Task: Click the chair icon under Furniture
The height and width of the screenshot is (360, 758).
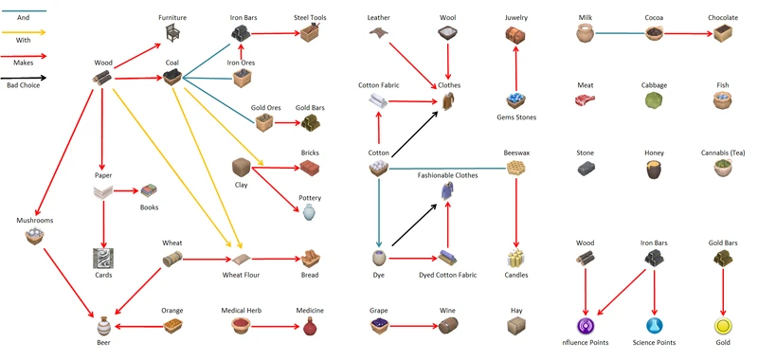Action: click(x=172, y=34)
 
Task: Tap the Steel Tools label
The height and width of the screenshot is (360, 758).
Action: click(x=310, y=18)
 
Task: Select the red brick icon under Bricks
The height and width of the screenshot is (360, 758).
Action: click(x=310, y=168)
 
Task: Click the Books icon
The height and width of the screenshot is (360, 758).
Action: click(x=148, y=193)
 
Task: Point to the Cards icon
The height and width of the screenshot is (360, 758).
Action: click(x=103, y=258)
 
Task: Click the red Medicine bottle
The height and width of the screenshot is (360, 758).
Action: click(x=310, y=328)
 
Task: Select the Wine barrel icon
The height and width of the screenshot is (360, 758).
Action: click(x=447, y=326)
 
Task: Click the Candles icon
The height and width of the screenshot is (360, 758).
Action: click(x=515, y=258)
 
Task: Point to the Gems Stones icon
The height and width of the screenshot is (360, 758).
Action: click(x=515, y=100)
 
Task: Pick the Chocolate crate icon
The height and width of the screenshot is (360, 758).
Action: click(x=723, y=34)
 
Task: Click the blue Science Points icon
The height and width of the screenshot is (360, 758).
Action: click(x=654, y=328)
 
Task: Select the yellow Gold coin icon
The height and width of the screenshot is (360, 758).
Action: click(x=723, y=328)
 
